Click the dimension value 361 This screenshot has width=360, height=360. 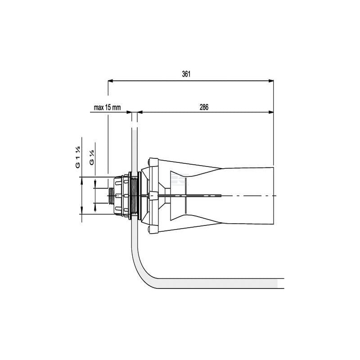[186, 74]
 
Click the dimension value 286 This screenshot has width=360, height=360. [204, 107]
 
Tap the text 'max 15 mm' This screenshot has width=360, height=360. [107, 108]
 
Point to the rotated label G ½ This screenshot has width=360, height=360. [91, 157]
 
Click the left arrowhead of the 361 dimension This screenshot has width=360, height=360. [110, 81]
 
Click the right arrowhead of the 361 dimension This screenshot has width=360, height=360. [271, 81]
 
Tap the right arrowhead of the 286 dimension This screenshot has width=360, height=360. [271, 112]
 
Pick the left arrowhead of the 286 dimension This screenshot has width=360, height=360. [140, 112]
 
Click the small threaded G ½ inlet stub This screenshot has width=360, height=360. [111, 196]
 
